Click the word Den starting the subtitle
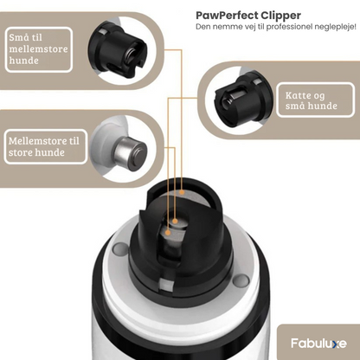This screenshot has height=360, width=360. (x=203, y=29)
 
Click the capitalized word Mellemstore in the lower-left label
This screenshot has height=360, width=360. (x=35, y=141)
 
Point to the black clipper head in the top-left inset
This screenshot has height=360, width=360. (x=113, y=51)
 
